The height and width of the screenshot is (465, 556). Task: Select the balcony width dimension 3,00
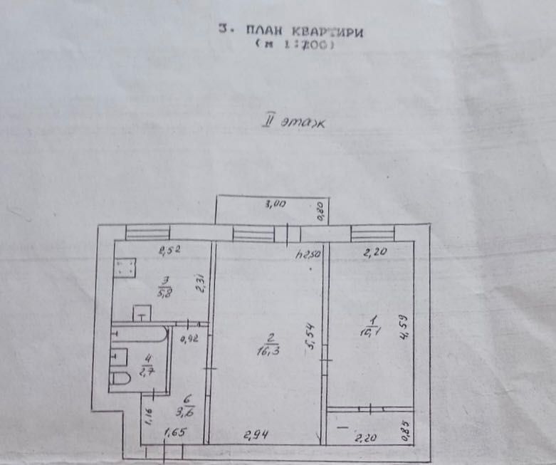276,204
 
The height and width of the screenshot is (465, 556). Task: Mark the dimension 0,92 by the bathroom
189,338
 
